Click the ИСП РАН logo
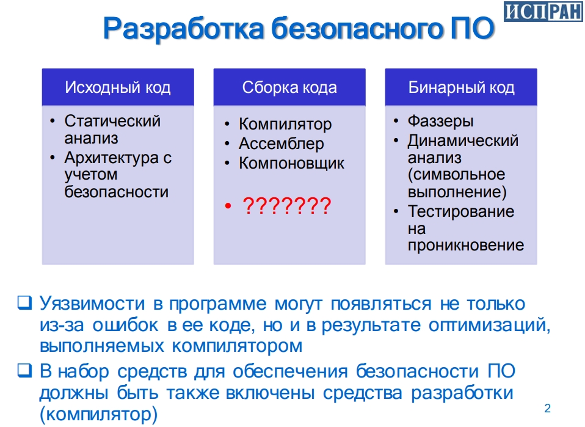[543, 11]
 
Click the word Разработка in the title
[184, 29]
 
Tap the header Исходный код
[117, 87]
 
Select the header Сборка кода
[289, 87]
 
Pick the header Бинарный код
[461, 87]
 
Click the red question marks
[286, 206]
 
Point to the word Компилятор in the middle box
[285, 124]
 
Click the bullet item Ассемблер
[282, 144]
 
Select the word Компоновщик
[291, 164]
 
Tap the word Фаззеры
[440, 121]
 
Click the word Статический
[112, 121]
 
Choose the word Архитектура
[112, 158]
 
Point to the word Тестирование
[461, 211]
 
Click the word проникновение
[465, 245]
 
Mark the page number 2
[547, 408]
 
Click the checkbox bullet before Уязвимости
[24, 302]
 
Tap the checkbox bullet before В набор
[24, 370]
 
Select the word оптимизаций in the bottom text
[489, 326]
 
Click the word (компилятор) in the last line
[98, 414]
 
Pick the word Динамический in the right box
[463, 141]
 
